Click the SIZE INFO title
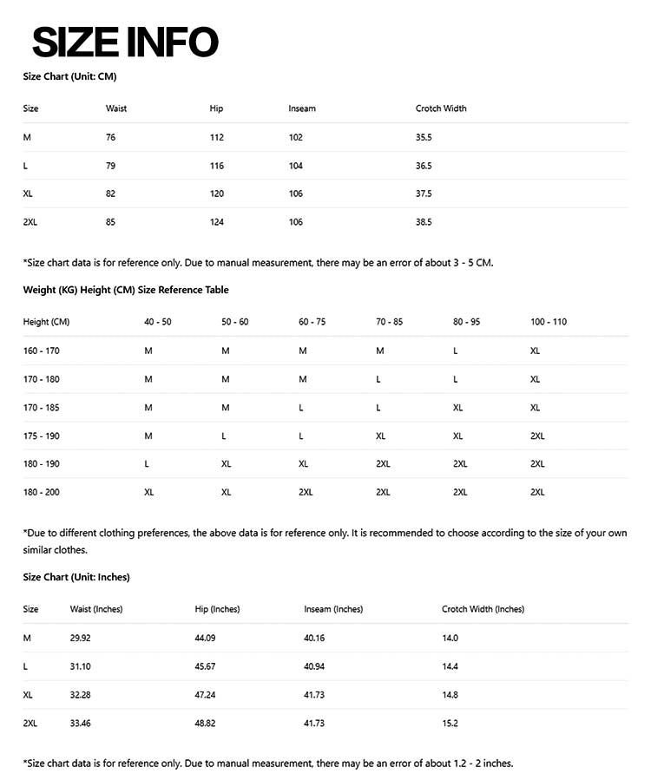125,41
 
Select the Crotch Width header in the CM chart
441,108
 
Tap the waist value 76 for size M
110,137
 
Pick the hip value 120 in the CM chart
216,193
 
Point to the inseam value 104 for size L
296,166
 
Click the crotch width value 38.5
424,222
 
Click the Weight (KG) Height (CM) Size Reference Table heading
126,290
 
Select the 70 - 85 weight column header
389,322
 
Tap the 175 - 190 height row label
41,436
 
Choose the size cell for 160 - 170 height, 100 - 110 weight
535,351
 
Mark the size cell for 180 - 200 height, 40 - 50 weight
149,492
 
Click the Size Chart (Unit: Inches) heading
76,577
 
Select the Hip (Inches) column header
217,609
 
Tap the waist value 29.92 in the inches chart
81,638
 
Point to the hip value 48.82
206,723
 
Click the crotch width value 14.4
450,666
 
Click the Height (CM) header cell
46,322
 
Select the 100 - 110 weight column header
549,322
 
